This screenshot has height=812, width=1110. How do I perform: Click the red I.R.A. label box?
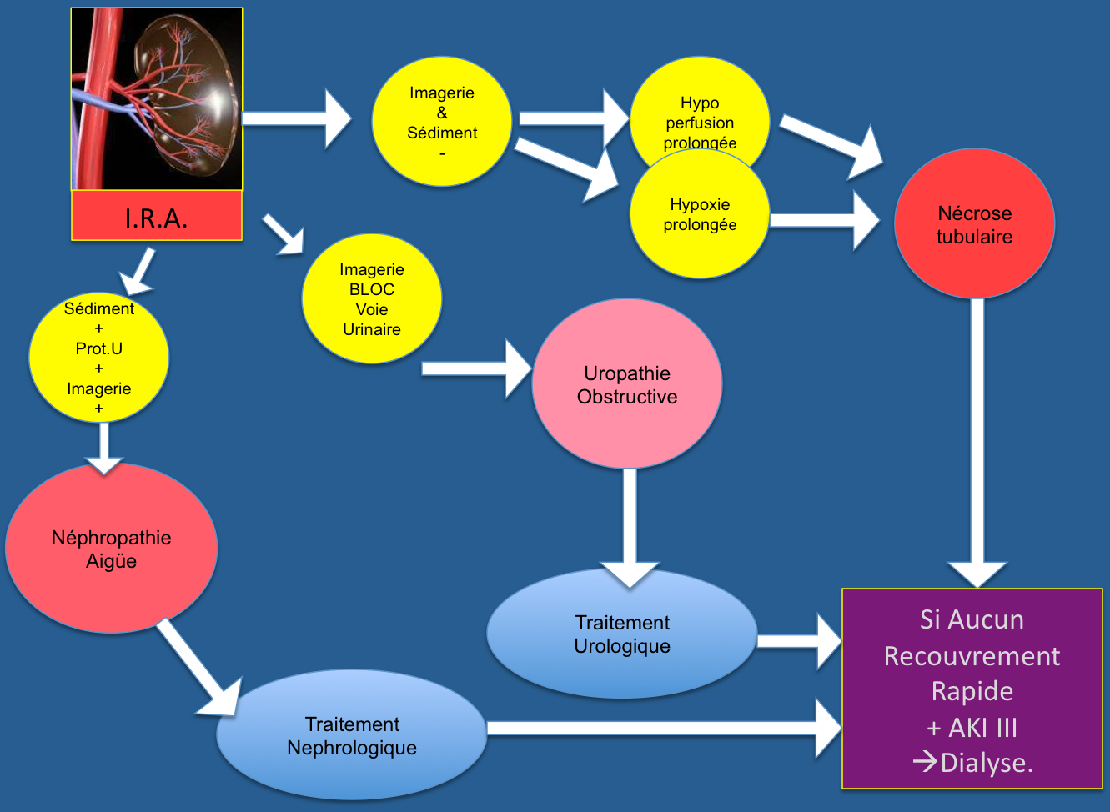pos(157,216)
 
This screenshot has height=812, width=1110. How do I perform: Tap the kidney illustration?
pos(157,99)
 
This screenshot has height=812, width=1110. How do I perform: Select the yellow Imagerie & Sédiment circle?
pos(441,122)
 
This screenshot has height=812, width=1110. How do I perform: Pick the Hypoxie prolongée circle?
pos(700,214)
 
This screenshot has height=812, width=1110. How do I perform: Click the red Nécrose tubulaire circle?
pos(974,223)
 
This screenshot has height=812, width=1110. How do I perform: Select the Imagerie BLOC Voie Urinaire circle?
pos(372,298)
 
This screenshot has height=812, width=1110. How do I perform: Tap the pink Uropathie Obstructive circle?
pos(627,383)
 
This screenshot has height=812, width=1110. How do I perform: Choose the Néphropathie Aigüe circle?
pos(111,549)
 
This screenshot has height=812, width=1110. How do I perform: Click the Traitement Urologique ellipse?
pos(622,634)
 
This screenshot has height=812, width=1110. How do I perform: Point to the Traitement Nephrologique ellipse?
pos(352,735)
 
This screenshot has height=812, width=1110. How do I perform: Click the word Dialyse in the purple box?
pos(986,763)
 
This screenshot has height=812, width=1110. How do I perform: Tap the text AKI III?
pos(982,728)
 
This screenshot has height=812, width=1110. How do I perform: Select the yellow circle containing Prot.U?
pos(98,358)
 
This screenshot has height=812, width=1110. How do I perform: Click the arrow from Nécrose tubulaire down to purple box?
pos(977,444)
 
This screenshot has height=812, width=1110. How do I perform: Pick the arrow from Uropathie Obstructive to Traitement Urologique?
pos(630,529)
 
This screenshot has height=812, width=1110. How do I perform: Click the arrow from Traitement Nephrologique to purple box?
pos(664,728)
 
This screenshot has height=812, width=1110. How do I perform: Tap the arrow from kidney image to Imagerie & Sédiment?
pos(296,118)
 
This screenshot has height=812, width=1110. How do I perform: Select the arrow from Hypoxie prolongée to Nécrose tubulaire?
pos(825,221)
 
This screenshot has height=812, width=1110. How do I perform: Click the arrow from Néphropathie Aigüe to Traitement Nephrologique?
pos(198,668)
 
